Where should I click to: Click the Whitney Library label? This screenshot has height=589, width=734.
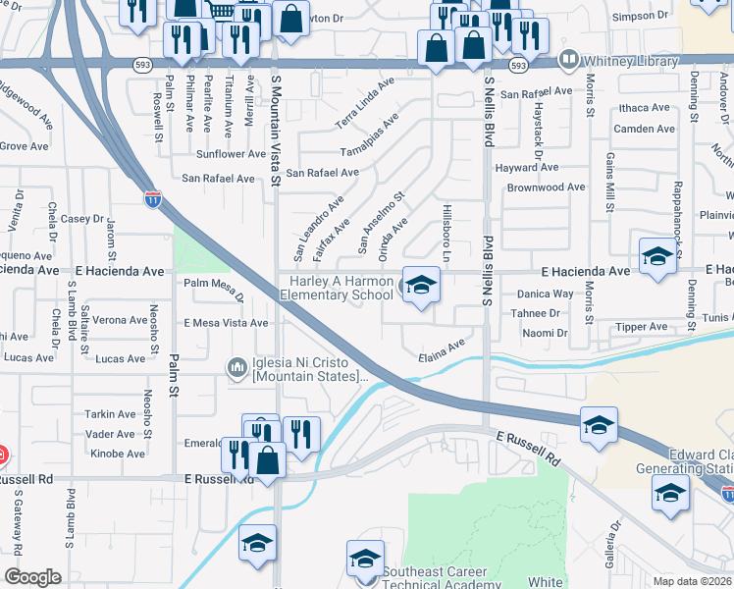pyautogui.click(x=632, y=61)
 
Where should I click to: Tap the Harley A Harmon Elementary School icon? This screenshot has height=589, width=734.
pyautogui.click(x=421, y=286)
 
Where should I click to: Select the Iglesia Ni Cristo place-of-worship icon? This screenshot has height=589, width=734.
pyautogui.click(x=236, y=368)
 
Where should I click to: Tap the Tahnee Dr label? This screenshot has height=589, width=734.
pyautogui.click(x=535, y=313)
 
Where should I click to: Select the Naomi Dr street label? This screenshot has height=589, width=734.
pyautogui.click(x=546, y=334)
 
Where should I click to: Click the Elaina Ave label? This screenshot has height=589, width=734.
pyautogui.click(x=441, y=349)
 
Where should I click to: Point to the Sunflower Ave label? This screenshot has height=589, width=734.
pyautogui.click(x=231, y=154)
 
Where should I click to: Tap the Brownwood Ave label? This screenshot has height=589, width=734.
pyautogui.click(x=547, y=187)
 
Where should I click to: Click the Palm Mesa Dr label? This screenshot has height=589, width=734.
pyautogui.click(x=213, y=286)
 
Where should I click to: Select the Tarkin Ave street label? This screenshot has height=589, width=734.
pyautogui.click(x=111, y=414)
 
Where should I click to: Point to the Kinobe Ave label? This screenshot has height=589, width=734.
pyautogui.click(x=116, y=454)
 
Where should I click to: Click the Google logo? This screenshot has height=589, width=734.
pyautogui.click(x=32, y=576)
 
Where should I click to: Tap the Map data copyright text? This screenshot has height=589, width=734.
pyautogui.click(x=689, y=581)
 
